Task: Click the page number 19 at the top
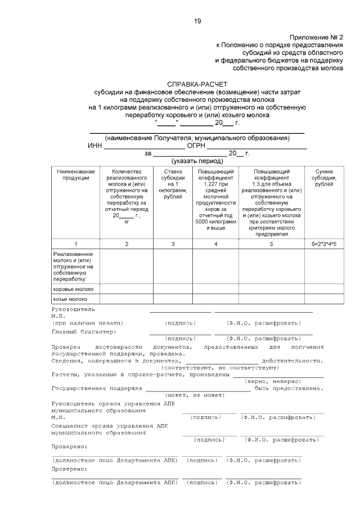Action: point(197,21)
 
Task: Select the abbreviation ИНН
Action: point(95,145)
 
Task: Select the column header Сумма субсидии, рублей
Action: point(325,178)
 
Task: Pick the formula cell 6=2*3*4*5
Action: point(325,244)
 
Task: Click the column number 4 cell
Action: point(216,244)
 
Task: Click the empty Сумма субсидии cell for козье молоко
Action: point(325,299)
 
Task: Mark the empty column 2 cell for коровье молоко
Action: point(127,289)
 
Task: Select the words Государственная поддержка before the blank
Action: point(96,388)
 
